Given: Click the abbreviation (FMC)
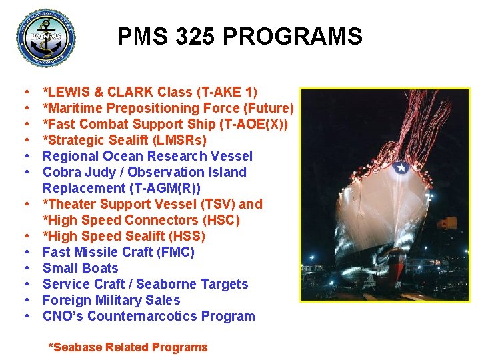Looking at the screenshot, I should coord(171,252).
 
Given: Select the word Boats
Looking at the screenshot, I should coord(99,268).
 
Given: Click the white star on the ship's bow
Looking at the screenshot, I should coord(401,167).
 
